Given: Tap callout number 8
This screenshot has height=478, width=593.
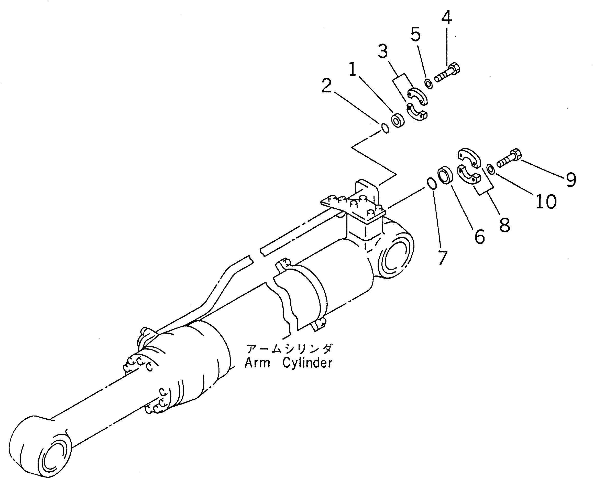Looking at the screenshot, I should (505, 225).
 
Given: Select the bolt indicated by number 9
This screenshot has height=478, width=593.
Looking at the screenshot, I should (509, 160).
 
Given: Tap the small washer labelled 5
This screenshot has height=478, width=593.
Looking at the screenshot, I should (429, 84).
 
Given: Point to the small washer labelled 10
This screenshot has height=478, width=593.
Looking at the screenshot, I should (491, 169).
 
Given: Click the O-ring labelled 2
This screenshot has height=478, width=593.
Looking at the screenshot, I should (385, 128).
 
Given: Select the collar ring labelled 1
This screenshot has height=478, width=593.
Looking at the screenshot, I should (398, 120).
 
